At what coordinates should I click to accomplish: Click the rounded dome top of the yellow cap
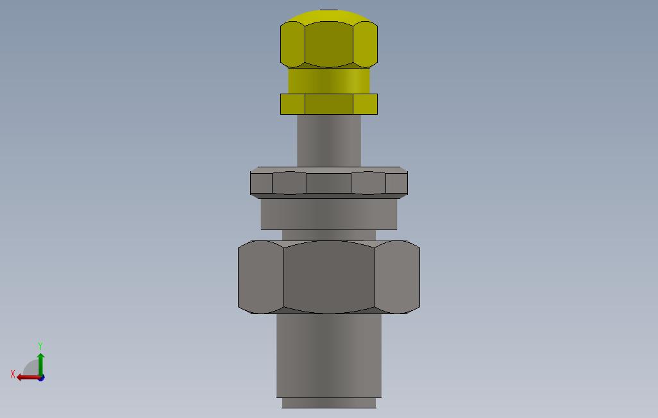[328, 16]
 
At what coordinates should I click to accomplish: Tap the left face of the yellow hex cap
[292, 44]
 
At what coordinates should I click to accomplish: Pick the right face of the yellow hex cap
[366, 44]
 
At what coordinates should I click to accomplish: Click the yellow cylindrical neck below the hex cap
[329, 81]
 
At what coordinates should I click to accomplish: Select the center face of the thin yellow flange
[329, 104]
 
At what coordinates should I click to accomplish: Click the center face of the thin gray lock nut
[329, 183]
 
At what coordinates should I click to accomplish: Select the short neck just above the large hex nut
[329, 235]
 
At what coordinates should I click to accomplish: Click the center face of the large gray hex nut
[329, 277]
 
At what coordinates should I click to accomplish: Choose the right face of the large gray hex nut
[398, 277]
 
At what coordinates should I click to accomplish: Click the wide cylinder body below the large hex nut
[329, 356]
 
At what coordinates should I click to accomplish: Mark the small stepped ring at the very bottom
[329, 403]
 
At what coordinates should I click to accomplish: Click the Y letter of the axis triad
[40, 346]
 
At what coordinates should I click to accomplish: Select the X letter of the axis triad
[13, 374]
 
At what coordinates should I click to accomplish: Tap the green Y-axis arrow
[40, 363]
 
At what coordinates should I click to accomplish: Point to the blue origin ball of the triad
[41, 378]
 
